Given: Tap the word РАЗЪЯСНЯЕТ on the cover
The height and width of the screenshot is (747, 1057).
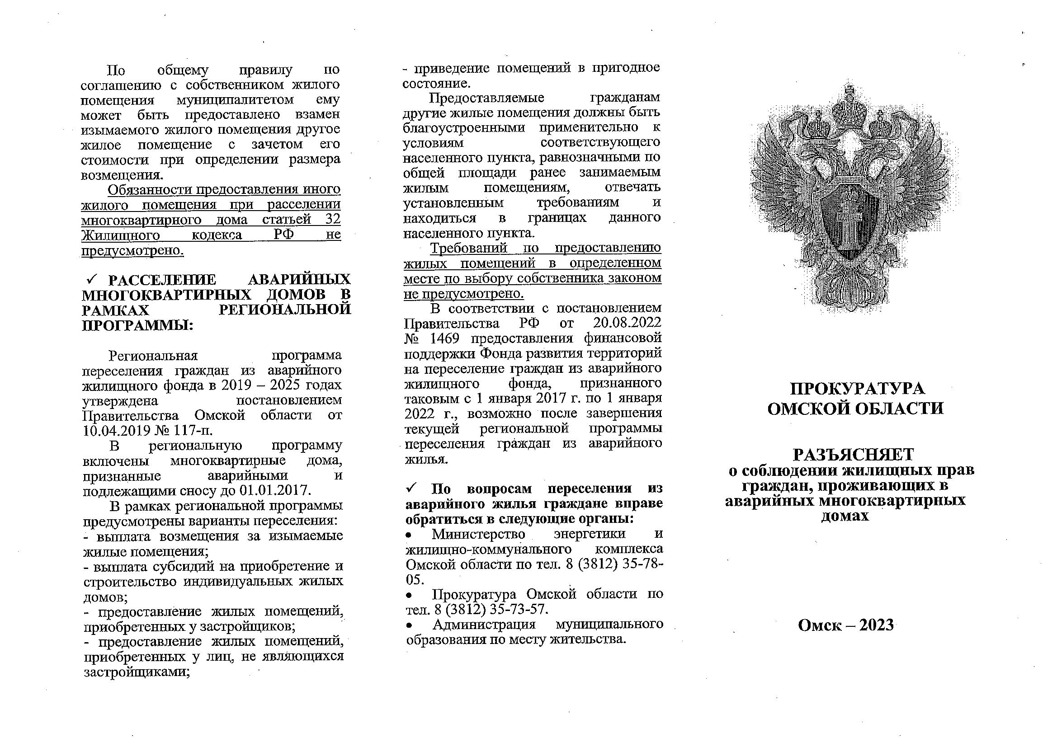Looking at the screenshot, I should click(x=853, y=455).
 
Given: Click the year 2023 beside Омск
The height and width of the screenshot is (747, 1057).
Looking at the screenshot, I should click(x=876, y=625).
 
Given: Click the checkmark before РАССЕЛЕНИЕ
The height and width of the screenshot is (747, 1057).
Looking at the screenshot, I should click(x=91, y=279).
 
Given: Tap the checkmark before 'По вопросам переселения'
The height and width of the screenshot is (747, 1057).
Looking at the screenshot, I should click(x=412, y=488).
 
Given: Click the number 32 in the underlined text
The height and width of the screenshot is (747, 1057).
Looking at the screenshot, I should click(x=332, y=220).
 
